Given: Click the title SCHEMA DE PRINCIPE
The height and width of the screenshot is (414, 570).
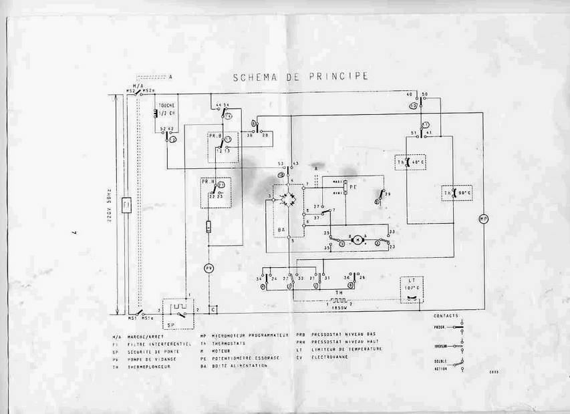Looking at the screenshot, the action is (x=300, y=77).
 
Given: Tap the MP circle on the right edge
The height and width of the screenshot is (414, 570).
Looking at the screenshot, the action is (x=484, y=218).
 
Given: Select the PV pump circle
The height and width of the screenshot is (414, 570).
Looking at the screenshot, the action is (x=208, y=268).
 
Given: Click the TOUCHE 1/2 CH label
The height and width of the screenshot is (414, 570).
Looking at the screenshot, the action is (x=167, y=109).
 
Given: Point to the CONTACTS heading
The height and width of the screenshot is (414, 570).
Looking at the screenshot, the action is (x=446, y=315).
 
